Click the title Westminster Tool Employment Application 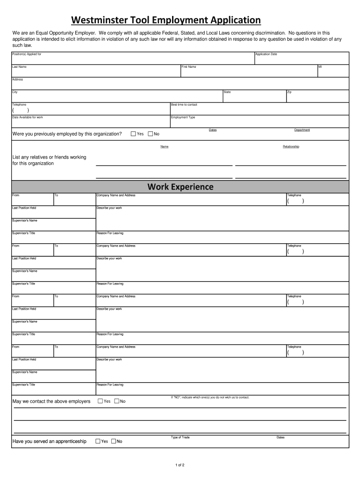click(166, 20)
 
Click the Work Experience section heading click(180, 187)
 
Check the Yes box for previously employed click(133, 134)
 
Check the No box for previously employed click(151, 134)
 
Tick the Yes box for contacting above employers click(100, 401)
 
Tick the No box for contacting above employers click(117, 401)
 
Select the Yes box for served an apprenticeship click(98, 441)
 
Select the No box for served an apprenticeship click(114, 441)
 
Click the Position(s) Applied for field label click(27, 54)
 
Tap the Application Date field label click(266, 54)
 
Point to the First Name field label click(189, 67)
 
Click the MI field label click(320, 67)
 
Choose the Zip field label click(289, 92)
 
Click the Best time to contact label click(184, 105)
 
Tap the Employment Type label click(183, 117)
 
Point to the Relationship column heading click(291, 146)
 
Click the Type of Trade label click(180, 437)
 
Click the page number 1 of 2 click(180, 465)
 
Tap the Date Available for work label click(28, 117)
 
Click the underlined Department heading click(302, 130)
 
